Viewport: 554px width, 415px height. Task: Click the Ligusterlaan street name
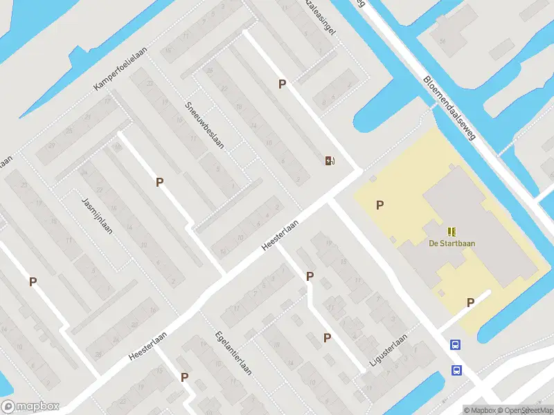coord(387,351)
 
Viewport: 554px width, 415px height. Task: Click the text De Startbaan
coord(452,243)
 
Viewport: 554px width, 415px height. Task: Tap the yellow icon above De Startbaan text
coord(452,231)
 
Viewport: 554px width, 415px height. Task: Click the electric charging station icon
coord(330,161)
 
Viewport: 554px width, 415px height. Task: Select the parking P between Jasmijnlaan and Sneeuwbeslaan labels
coord(160,183)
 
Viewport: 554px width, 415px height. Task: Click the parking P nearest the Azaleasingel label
coord(282,84)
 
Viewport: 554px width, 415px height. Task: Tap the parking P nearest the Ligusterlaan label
coord(327,338)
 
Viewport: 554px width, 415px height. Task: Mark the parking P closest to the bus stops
coord(470,302)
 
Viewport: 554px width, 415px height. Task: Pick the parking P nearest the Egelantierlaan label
coord(185,377)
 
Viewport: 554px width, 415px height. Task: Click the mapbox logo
coord(30,407)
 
